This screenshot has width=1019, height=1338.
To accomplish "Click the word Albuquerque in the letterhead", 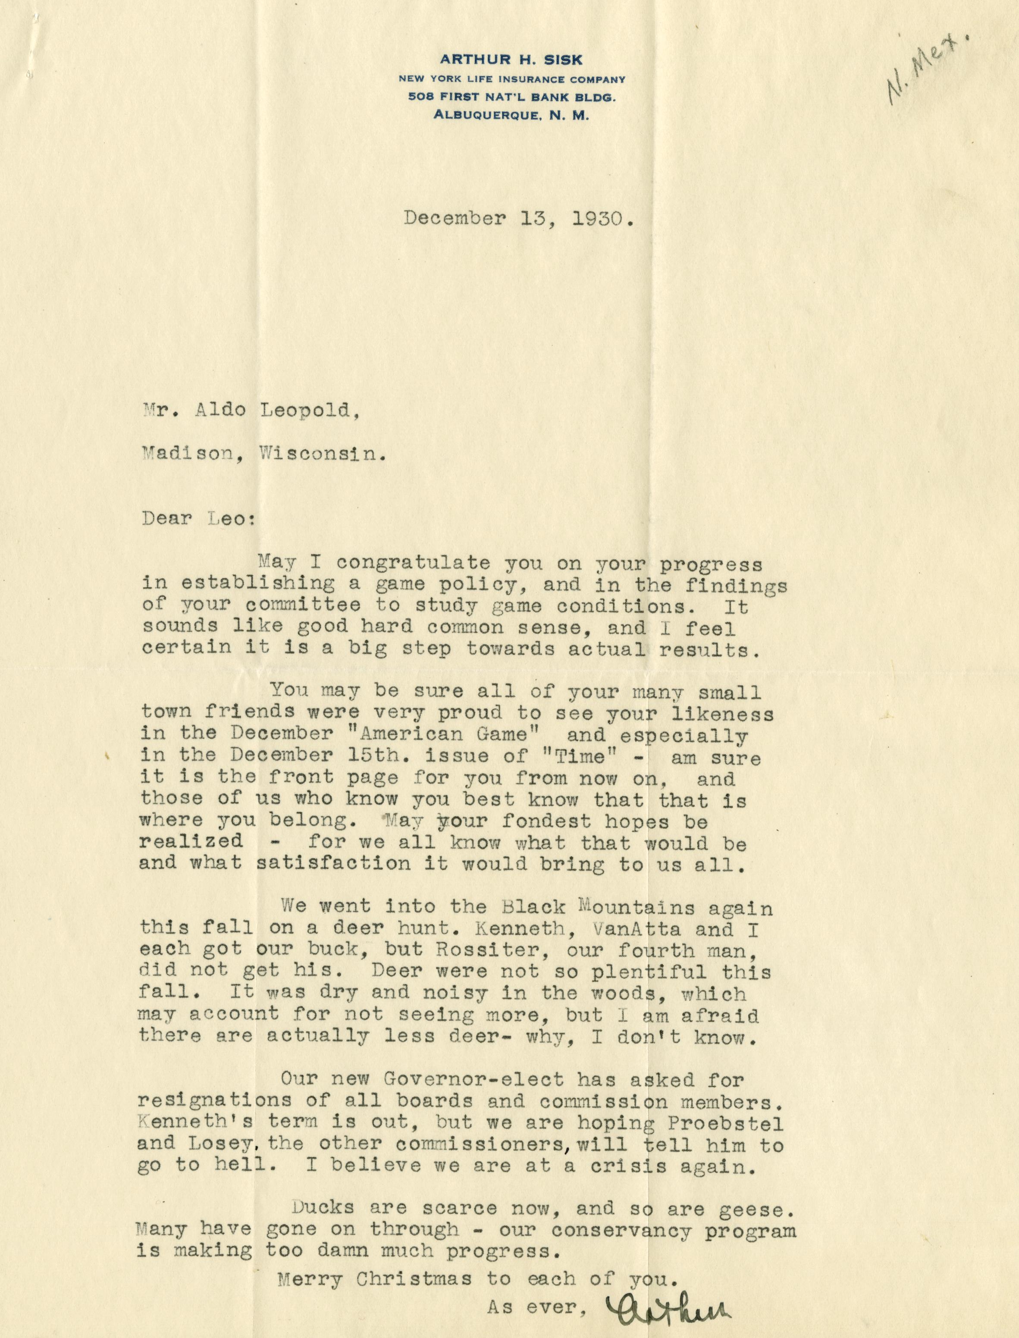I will pyautogui.click(x=485, y=116).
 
